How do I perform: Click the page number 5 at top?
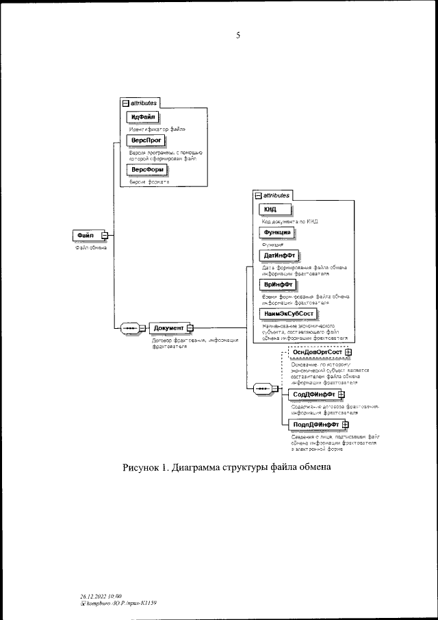click(237, 35)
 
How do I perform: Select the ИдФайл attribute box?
click(144, 117)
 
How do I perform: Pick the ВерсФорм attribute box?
click(146, 170)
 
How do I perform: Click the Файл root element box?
click(86, 236)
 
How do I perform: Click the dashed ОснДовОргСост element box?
click(318, 353)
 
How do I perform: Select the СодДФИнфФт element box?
click(314, 395)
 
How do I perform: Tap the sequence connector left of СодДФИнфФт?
click(263, 389)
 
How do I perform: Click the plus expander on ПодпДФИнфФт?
click(346, 424)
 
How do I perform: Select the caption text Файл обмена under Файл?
click(91, 247)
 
